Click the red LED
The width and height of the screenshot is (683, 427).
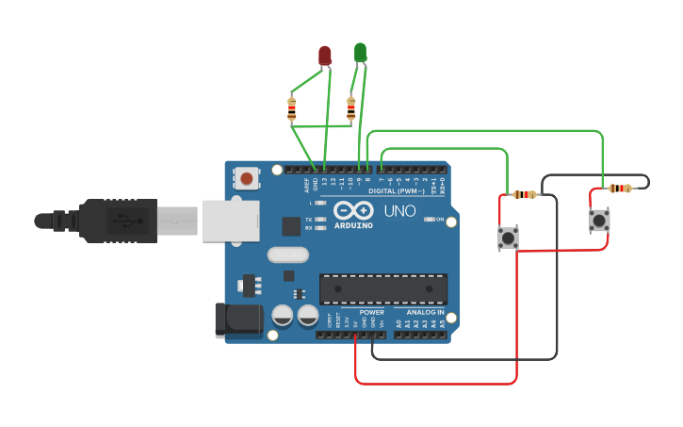coord(325,56)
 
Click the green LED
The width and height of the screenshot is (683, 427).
coord(360,52)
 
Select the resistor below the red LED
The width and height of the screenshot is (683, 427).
coord(292,110)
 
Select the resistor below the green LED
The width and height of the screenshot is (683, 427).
coord(351,110)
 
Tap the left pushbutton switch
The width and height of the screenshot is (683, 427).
coord(508,238)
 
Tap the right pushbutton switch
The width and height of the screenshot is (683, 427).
coord(599,221)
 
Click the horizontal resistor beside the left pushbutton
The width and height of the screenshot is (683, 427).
coord(524,195)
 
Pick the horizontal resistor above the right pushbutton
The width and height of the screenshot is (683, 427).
coord(619,189)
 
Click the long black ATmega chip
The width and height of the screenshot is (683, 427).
coord(382,288)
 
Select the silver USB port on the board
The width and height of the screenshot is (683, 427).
coord(229,220)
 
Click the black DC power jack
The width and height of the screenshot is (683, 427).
coord(237,320)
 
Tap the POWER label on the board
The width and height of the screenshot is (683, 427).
coord(371,312)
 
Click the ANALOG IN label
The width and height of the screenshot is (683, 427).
coord(425,312)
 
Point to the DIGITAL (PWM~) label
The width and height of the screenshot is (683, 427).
coord(395,190)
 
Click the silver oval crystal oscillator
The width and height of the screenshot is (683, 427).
coord(287,255)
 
